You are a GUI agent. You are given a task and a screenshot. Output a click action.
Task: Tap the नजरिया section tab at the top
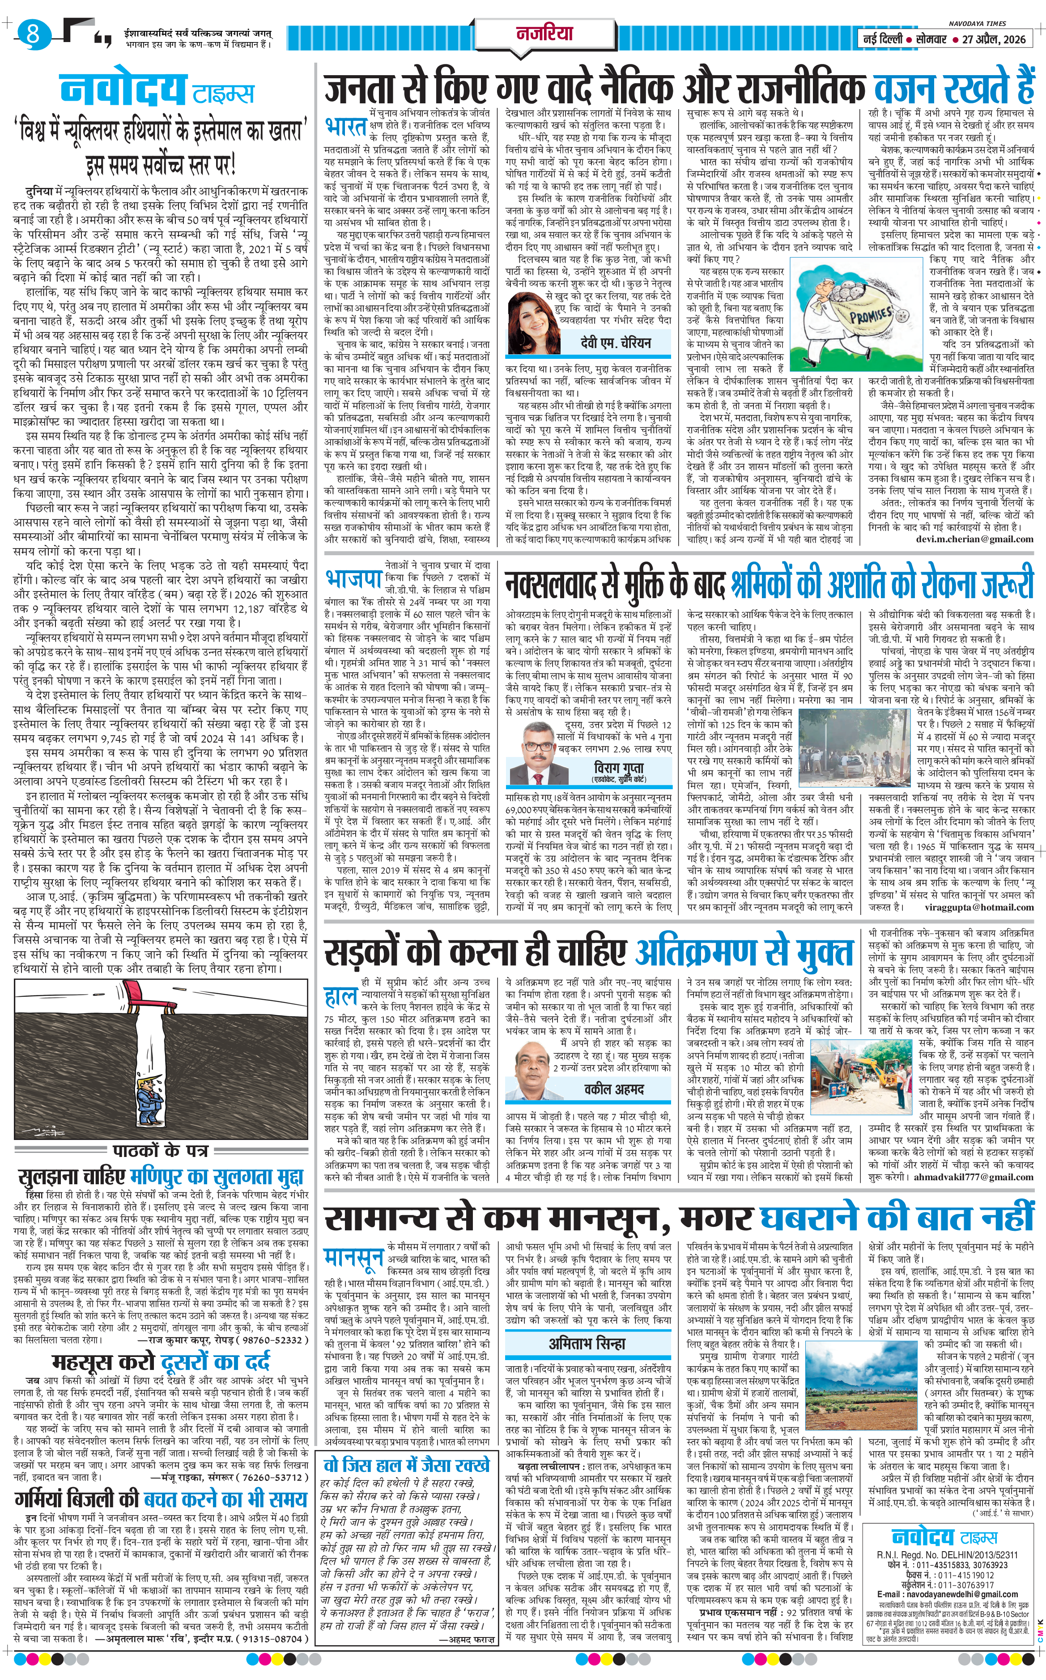click(x=545, y=33)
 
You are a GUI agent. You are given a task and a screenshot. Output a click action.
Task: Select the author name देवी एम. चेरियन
click(x=615, y=343)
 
